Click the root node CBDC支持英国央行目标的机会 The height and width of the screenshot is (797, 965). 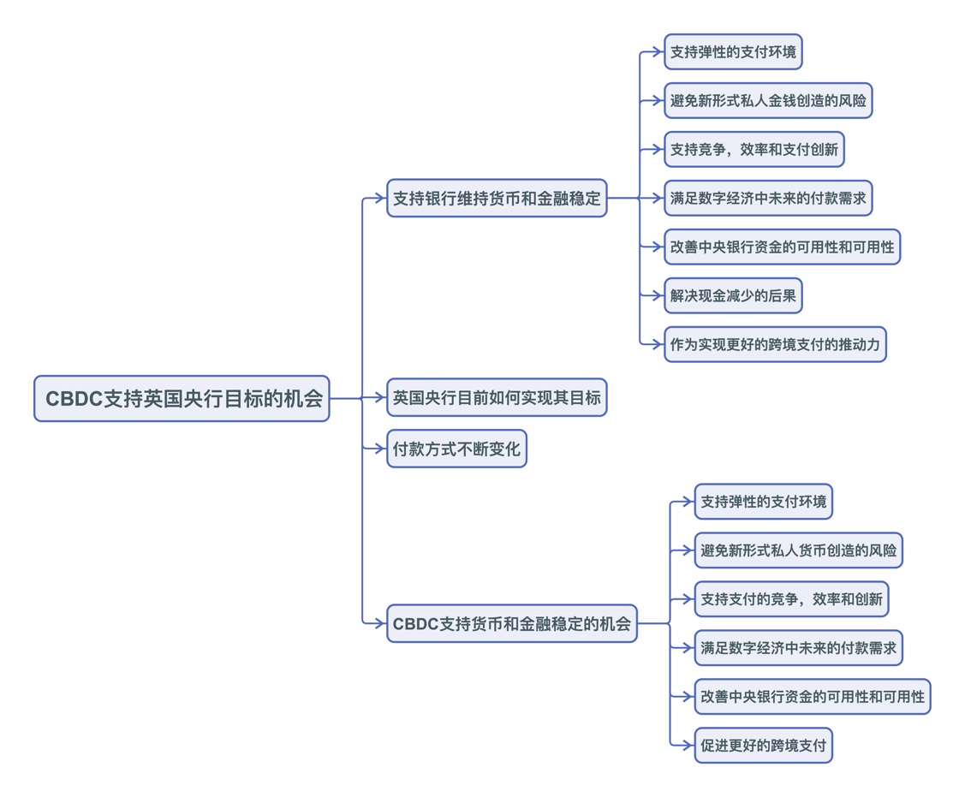182,399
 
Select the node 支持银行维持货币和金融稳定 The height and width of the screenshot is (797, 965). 497,199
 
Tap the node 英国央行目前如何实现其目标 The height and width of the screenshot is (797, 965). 497,398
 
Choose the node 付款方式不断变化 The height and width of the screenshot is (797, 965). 456,449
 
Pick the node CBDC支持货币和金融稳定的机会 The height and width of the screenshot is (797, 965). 511,624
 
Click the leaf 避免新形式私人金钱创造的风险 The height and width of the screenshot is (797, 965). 768,101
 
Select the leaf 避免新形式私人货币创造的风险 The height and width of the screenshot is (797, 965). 798,550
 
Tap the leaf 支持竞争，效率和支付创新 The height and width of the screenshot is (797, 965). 754,150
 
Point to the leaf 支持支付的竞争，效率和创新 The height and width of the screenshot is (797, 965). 791,599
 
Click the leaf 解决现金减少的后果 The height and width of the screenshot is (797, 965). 733,296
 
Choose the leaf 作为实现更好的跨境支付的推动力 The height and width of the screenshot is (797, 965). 775,345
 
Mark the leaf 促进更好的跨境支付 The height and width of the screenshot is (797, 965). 763,746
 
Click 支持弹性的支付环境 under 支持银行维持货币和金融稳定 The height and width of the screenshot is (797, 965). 733,52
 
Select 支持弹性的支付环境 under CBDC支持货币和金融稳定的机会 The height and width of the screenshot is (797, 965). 763,502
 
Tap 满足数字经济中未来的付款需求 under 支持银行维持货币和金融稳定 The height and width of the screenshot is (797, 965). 768,199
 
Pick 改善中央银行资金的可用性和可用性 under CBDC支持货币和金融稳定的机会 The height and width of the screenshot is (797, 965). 812,697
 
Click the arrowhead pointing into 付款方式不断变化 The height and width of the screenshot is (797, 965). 381,449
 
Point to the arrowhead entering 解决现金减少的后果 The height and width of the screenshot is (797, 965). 658,296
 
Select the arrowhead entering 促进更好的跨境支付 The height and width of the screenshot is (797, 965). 688,746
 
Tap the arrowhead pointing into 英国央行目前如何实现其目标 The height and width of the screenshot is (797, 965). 381,398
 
